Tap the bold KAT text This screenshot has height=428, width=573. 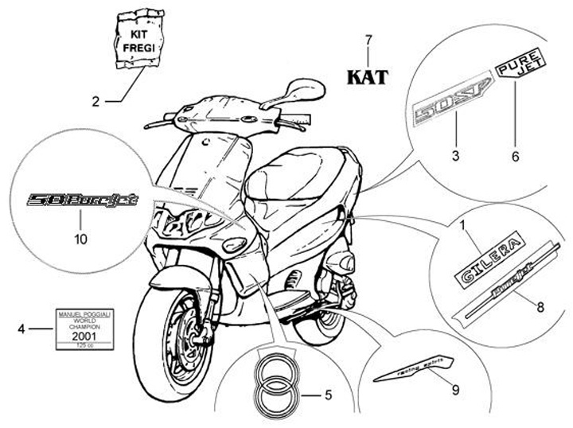[x=368, y=77]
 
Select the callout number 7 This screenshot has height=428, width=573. [x=368, y=40]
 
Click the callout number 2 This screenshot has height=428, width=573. [x=95, y=101]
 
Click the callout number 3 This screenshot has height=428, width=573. [x=455, y=156]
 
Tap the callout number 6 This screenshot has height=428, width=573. [x=515, y=156]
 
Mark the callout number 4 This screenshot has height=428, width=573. [x=21, y=328]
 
